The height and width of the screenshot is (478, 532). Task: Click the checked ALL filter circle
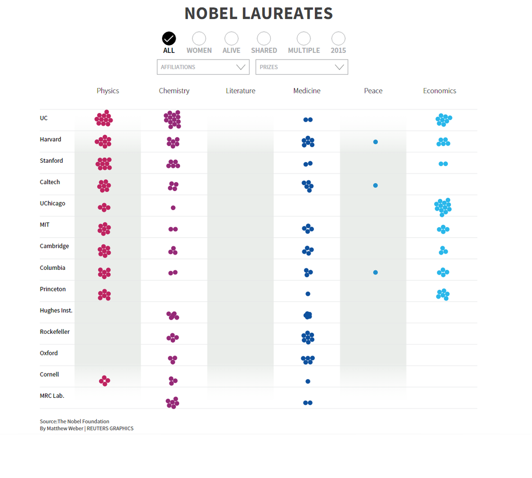pyautogui.click(x=169, y=39)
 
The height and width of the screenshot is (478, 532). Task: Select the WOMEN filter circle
pyautogui.click(x=199, y=39)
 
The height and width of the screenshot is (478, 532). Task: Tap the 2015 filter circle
pyautogui.click(x=338, y=39)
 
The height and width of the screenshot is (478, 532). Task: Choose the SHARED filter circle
pyautogui.click(x=264, y=39)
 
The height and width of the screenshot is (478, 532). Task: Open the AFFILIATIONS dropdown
pyautogui.click(x=203, y=67)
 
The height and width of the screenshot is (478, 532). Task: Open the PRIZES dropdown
pyautogui.click(x=302, y=67)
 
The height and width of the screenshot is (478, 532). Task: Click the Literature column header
pyautogui.click(x=241, y=91)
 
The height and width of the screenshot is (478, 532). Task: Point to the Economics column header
pyautogui.click(x=439, y=91)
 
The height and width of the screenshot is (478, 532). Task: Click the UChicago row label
pyautogui.click(x=53, y=203)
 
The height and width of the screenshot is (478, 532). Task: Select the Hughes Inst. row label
pyautogui.click(x=56, y=310)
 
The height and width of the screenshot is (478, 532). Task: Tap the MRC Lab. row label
pyautogui.click(x=52, y=396)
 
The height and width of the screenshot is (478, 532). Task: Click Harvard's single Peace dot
pyautogui.click(x=375, y=142)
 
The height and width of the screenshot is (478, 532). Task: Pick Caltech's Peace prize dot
pyautogui.click(x=375, y=185)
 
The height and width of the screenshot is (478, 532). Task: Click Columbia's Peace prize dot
pyautogui.click(x=375, y=272)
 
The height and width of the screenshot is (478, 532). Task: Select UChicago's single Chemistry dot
pyautogui.click(x=173, y=208)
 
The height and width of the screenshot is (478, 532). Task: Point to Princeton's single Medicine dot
pyautogui.click(x=308, y=294)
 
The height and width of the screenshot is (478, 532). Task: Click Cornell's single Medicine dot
pyautogui.click(x=308, y=381)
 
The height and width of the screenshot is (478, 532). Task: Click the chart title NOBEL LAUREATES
pyautogui.click(x=259, y=14)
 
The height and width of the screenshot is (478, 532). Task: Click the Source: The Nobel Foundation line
pyautogui.click(x=75, y=421)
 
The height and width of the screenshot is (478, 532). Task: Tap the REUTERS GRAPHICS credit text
pyautogui.click(x=110, y=429)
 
